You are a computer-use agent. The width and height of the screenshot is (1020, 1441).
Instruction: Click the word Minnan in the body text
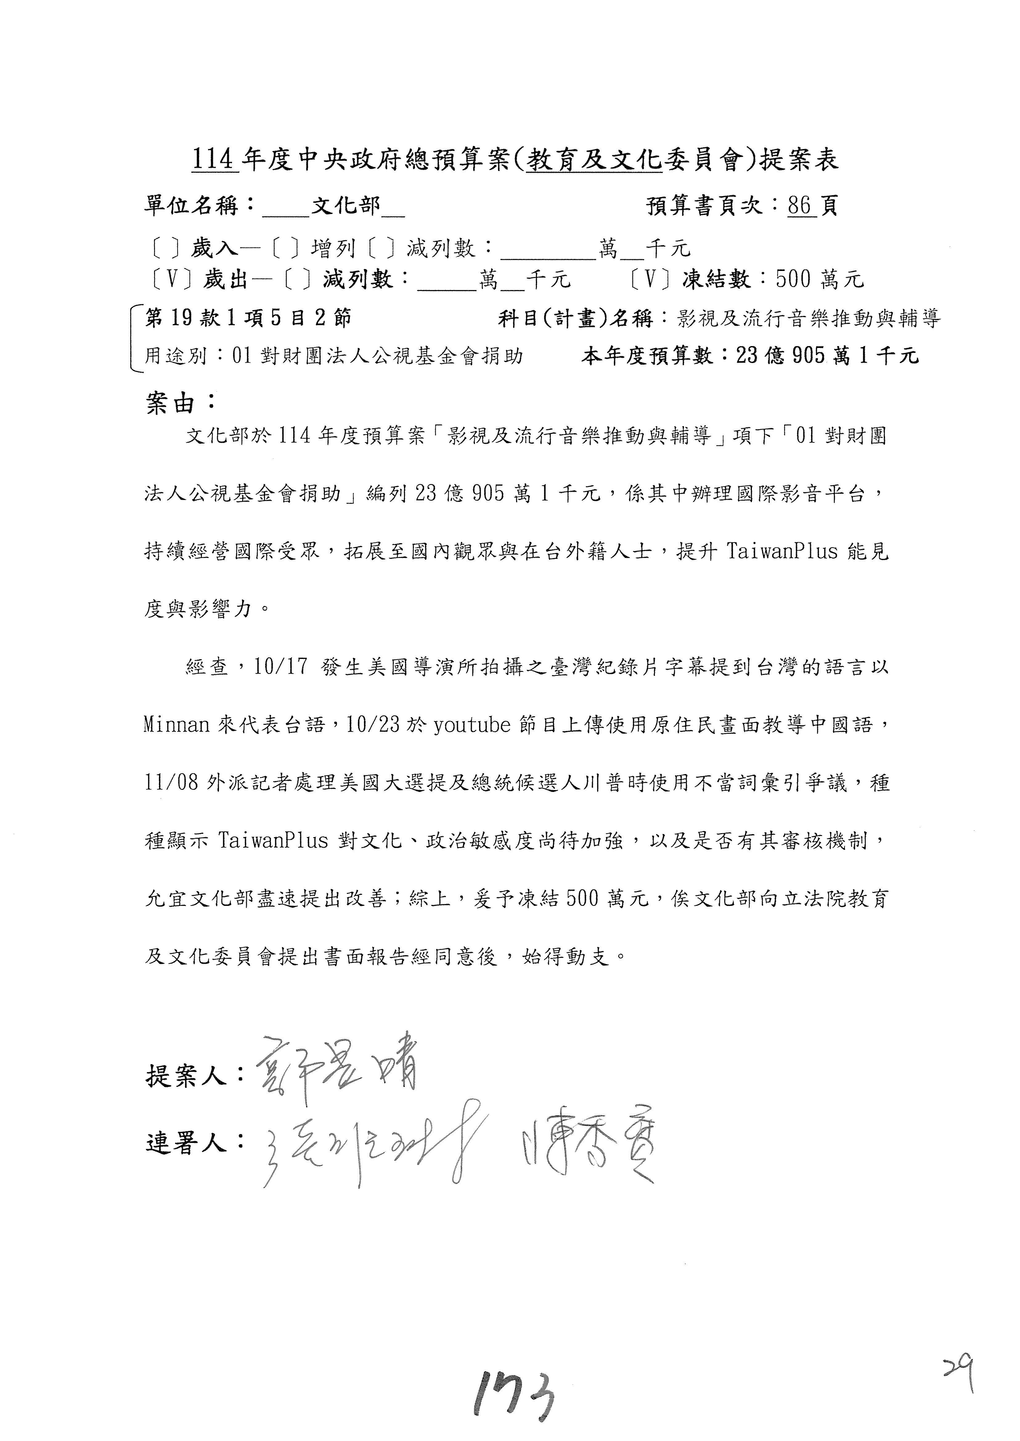point(177,725)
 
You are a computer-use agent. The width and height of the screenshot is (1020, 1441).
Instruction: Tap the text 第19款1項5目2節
point(248,318)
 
